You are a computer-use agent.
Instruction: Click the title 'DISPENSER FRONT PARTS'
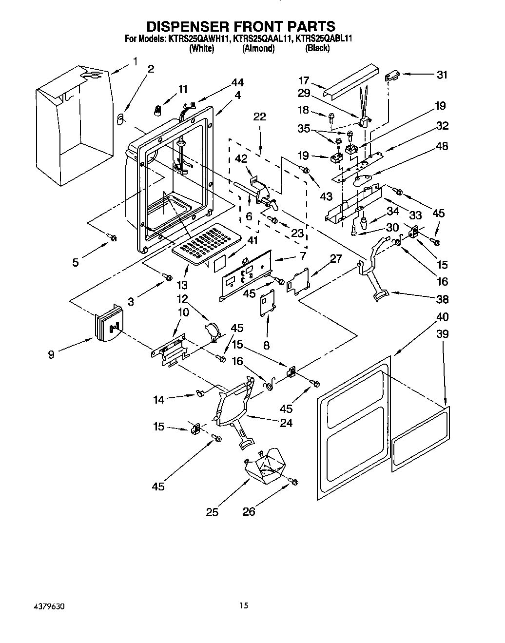pyautogui.click(x=241, y=26)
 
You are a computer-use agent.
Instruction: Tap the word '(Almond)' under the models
pyautogui.click(x=258, y=48)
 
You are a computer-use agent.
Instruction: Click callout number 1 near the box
pyautogui.click(x=135, y=61)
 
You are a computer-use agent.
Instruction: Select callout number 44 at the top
pyautogui.click(x=237, y=83)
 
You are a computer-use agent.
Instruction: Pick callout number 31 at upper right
pyautogui.click(x=442, y=75)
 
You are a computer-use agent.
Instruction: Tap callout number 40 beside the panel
pyautogui.click(x=442, y=317)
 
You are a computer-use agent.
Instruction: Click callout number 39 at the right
pyautogui.click(x=442, y=334)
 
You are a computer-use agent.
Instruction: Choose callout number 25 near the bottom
pyautogui.click(x=212, y=512)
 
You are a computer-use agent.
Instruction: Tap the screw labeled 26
pyautogui.click(x=293, y=482)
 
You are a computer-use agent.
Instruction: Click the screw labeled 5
pyautogui.click(x=113, y=237)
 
